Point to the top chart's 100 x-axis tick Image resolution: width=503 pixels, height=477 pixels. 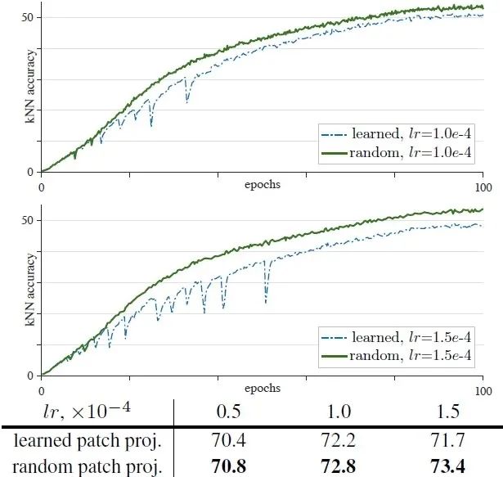(x=483, y=187)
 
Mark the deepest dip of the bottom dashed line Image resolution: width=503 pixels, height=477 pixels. (x=266, y=303)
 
